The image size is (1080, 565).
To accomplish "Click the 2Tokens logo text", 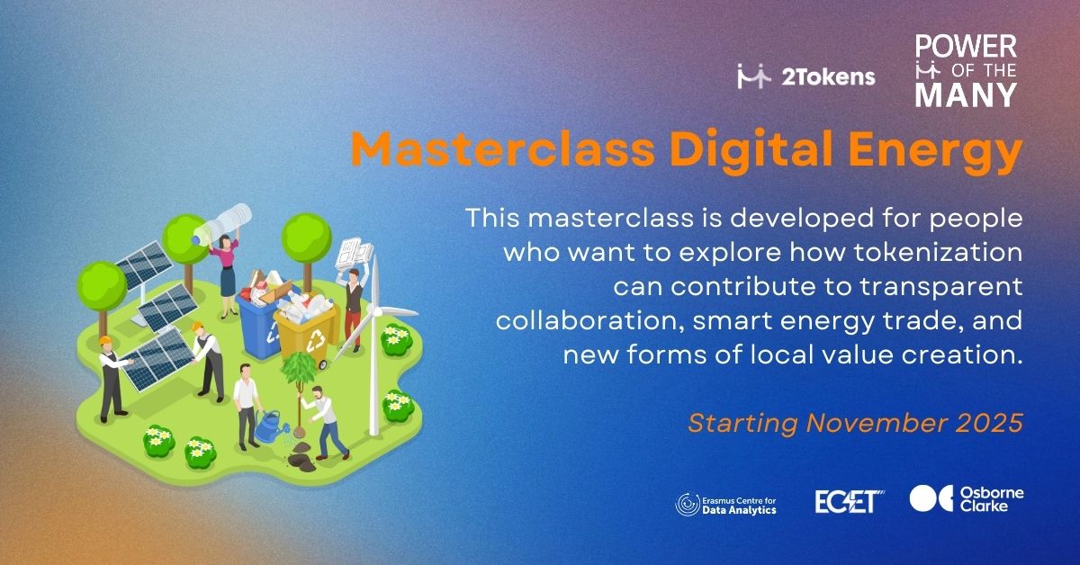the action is coord(828,77).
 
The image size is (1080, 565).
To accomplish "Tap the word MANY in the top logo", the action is coord(967,95).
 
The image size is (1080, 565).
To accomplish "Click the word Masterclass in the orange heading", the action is coord(503,148).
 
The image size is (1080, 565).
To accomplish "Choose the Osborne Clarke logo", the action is coord(967,499).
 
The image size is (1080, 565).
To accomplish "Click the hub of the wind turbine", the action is coord(376,312).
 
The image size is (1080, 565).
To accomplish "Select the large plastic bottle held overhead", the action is coord(221,224).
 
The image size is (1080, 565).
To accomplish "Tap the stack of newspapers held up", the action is coord(355,254).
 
